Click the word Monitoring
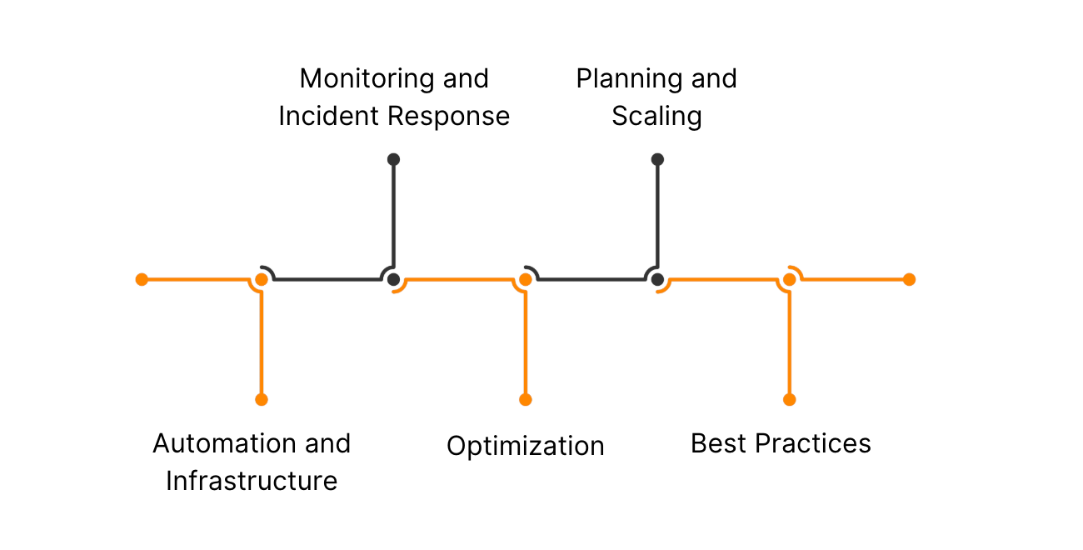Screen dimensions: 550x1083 tap(367, 79)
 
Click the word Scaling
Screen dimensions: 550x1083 tap(656, 117)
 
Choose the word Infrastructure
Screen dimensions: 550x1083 tap(252, 481)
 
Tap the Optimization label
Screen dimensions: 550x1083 tap(525, 446)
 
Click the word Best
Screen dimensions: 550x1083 tap(718, 443)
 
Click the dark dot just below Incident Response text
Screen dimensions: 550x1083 tap(393, 159)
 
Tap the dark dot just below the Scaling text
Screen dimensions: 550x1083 tap(657, 159)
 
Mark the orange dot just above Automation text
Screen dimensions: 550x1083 tap(262, 399)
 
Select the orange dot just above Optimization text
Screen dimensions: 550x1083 tap(525, 399)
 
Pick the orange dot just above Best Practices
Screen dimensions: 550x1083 tap(790, 399)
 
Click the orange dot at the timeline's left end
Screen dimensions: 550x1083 tap(142, 279)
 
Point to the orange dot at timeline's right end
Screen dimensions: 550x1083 tap(909, 279)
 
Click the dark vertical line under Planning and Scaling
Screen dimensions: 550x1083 tap(657, 217)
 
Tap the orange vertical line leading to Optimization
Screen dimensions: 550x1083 tap(525, 342)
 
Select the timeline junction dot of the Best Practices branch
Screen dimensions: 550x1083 tap(790, 279)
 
